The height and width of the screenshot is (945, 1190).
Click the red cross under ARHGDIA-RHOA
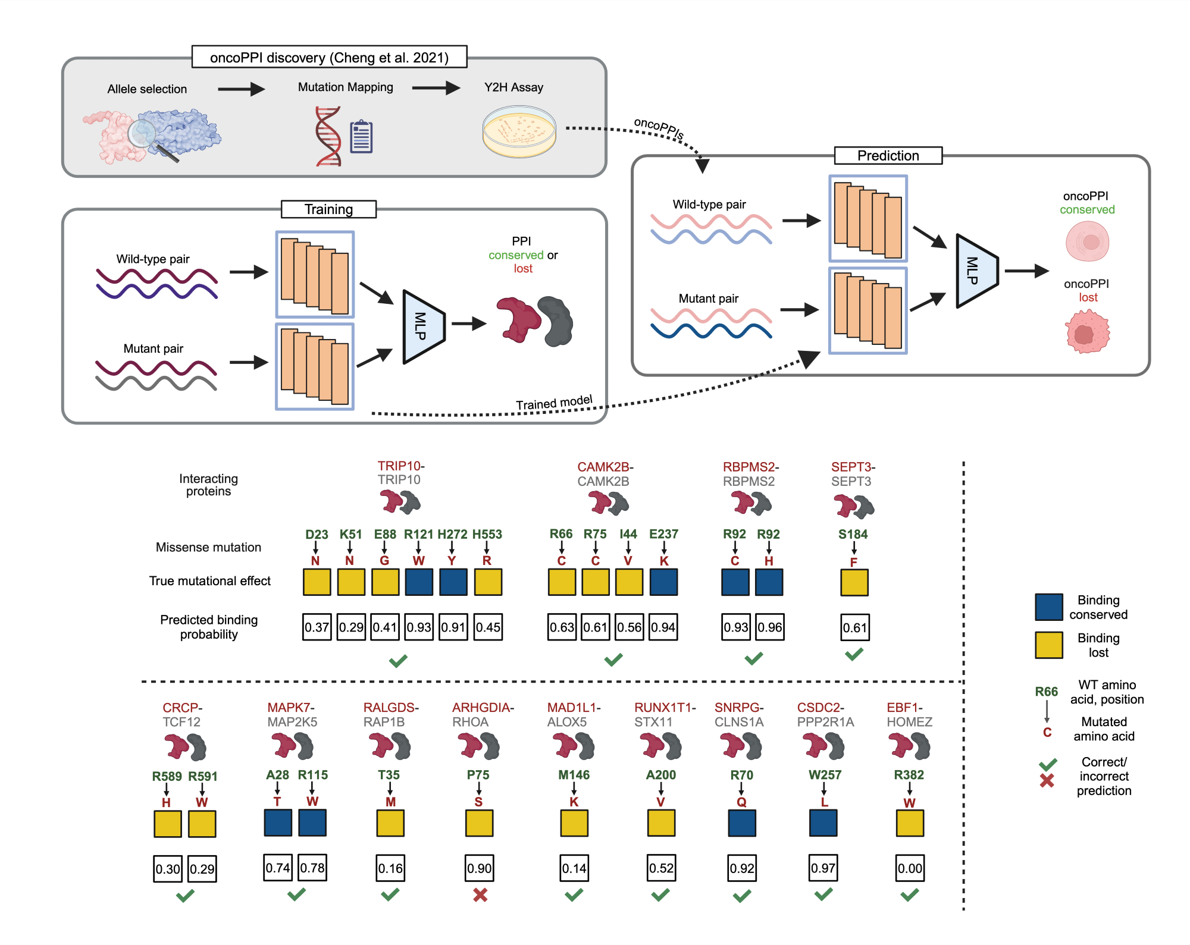(480, 894)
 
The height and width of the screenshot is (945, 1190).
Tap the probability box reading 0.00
(910, 868)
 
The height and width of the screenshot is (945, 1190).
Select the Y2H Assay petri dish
(519, 131)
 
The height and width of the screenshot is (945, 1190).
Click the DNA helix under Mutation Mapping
(328, 136)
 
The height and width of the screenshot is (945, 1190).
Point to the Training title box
(328, 209)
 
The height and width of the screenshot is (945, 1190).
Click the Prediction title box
(888, 156)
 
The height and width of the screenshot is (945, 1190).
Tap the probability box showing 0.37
(317, 627)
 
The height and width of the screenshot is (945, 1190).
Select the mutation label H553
(487, 534)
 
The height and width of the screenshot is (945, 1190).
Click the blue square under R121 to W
(419, 582)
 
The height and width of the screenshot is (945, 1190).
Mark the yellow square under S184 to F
(854, 582)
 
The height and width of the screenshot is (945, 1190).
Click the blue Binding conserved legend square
(1048, 607)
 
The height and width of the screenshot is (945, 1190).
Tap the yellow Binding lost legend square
(1048, 645)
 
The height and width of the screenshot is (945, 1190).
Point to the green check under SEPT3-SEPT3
(854, 654)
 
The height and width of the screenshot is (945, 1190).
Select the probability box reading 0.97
(823, 868)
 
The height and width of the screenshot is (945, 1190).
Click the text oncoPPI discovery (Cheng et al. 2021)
(329, 58)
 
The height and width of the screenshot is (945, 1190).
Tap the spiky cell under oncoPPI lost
(1088, 332)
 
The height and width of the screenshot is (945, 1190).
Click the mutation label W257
(824, 775)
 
